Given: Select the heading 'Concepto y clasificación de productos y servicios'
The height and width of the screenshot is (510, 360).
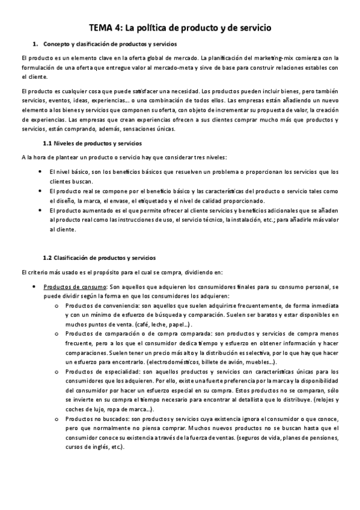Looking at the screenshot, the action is click(x=111, y=45).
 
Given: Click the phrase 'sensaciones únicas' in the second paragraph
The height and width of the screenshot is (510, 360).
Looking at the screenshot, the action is click(x=147, y=129).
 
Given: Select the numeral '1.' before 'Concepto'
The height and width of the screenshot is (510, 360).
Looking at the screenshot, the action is click(x=35, y=45).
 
